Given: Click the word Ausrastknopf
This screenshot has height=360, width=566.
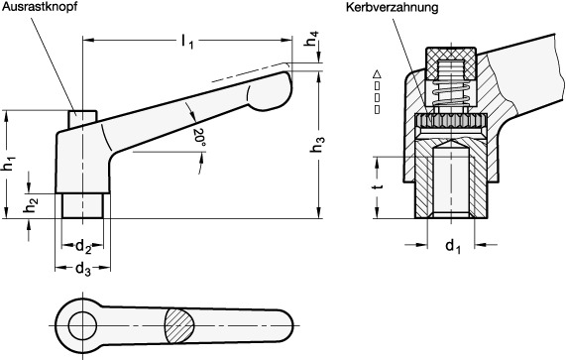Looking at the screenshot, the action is click(x=40, y=7).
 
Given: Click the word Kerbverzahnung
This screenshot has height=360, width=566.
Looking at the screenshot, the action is click(x=392, y=7).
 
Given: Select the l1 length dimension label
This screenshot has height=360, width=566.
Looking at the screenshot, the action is click(x=187, y=42).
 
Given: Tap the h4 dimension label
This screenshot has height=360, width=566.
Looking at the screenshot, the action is click(x=312, y=39).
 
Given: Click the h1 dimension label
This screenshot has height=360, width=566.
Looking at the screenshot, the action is click(x=10, y=163).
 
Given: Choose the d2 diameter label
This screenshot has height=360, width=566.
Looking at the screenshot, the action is click(x=83, y=247).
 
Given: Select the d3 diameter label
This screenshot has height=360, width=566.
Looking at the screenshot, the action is click(x=83, y=269).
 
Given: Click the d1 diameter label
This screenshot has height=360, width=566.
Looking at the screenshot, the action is click(x=453, y=247).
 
